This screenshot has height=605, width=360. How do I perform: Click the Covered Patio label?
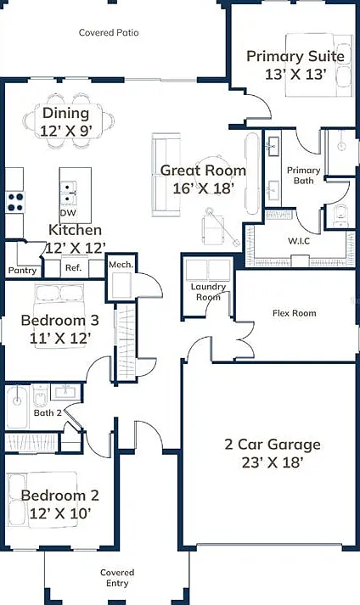coord(109,33)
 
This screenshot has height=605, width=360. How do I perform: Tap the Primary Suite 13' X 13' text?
coord(295,64)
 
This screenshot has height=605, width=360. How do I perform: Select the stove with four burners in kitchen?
coord(15,202)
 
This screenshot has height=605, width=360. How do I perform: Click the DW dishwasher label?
coord(68,213)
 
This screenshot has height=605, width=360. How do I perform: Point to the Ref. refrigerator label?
coord(73,268)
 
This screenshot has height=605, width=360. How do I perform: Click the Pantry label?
coord(22,271)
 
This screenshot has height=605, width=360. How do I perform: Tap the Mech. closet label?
coord(121,265)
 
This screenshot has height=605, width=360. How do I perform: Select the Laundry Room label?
coord(208,292)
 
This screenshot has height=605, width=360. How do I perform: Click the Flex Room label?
coord(295,313)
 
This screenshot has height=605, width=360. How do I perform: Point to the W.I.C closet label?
coord(299,242)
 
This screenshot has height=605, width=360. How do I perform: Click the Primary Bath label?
coord(304,175)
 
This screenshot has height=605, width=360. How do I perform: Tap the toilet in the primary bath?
coord(340,216)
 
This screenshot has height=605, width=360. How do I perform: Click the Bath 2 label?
coord(48,413)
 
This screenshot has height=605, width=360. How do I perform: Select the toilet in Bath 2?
coord(40,395)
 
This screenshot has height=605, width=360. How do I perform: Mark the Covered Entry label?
coord(117,578)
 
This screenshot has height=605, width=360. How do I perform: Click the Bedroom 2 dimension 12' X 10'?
coord(60,513)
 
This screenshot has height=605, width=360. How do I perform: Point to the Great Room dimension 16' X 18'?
coord(204,188)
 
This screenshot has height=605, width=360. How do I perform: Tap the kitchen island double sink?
coord(69,193)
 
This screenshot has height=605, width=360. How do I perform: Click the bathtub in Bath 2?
coord(17,407)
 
